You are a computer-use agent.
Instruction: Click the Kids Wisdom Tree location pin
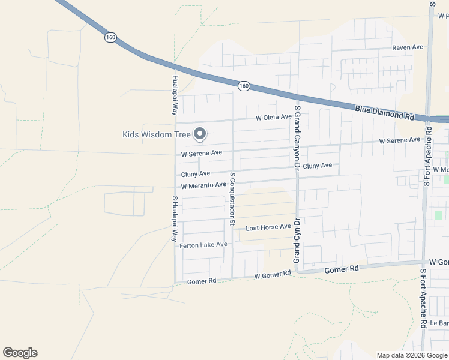pos(200,134)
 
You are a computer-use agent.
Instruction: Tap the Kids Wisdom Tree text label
pos(157,134)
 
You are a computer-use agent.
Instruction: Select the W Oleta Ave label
pos(273,117)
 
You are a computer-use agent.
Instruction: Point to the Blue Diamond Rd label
pos(385,112)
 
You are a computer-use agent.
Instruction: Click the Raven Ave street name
pos(408,47)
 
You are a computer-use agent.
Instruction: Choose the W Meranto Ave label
pos(203,185)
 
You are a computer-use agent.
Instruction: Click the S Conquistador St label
pos(232,197)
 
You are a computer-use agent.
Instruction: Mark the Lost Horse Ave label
pos(268,227)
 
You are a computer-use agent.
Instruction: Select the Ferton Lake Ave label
pos(203,245)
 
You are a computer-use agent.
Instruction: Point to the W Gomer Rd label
pos(273,275)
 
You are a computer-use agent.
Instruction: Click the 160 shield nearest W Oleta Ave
pos(243,86)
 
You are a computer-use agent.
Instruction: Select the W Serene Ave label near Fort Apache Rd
pos(399,140)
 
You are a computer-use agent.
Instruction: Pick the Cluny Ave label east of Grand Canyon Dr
pos(318,166)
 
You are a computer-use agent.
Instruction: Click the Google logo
pos(20,353)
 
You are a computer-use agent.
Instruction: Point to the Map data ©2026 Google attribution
pos(412,355)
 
